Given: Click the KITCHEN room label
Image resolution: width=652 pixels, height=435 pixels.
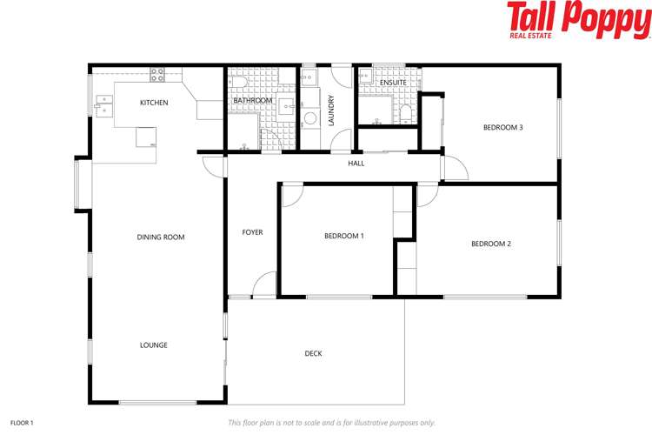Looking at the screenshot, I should tap(154, 103).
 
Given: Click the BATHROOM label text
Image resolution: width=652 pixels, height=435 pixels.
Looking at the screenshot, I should tap(252, 101).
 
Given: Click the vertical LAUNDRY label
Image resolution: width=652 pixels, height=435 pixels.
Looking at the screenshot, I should tap(331, 110).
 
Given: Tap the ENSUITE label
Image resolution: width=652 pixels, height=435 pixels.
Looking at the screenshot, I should tap(393, 83).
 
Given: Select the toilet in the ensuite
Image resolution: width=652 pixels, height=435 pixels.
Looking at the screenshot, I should tap(406, 111).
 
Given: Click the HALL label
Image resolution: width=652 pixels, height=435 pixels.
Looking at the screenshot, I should tap(356, 164).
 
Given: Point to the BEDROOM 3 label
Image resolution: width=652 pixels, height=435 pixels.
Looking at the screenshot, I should tap(502, 128).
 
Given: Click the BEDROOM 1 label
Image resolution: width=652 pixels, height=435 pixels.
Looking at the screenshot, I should tap(343, 236).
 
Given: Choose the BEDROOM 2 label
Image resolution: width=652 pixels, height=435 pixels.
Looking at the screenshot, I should tap(490, 244).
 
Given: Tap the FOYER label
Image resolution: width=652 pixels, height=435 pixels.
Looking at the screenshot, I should tap(252, 232).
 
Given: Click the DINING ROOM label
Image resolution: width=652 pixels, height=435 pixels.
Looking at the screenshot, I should tap(161, 237).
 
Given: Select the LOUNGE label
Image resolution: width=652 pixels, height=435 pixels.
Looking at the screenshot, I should tap(153, 345).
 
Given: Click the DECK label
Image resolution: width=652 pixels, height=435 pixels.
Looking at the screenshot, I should tap(313, 353).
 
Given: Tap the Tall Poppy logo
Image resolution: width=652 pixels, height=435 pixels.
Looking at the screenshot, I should tap(578, 21).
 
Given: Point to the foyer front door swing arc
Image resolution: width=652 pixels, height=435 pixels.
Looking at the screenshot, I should tap(266, 284).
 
